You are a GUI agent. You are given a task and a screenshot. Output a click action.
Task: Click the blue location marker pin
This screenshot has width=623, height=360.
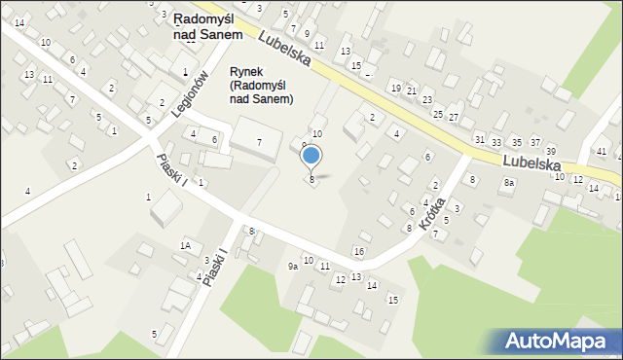tap(311, 156)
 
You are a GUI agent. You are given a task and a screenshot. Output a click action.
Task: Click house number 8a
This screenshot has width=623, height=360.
tap(508, 183)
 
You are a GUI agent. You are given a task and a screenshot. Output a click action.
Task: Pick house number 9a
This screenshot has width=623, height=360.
tap(292, 266)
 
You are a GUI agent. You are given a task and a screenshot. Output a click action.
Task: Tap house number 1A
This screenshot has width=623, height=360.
tap(184, 245)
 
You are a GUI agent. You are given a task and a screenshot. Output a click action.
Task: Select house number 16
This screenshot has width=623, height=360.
tap(359, 252)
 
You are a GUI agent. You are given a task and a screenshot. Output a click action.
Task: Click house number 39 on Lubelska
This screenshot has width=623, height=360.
tap(550, 151)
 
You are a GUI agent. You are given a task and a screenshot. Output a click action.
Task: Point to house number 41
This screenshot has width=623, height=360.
tap(602, 152)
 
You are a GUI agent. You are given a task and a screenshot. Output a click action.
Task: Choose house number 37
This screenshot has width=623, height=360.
tap(534, 143)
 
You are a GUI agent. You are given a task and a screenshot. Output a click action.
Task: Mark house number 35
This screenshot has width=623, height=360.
tap(516, 143)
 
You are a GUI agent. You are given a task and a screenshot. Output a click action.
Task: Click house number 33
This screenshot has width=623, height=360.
tap(496, 143)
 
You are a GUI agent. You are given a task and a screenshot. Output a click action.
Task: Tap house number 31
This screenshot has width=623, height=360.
tap(479, 139)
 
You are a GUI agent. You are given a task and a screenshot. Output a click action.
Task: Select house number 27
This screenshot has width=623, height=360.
tap(453, 117)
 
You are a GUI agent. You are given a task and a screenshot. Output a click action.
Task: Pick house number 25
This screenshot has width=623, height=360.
tap(437, 114)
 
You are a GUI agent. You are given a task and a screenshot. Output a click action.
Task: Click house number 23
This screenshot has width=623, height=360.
tap(426, 100)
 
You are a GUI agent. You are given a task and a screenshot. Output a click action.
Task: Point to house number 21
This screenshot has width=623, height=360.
tap(411, 90)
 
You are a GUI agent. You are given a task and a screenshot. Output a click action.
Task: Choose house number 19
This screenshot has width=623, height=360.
tap(395, 88)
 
